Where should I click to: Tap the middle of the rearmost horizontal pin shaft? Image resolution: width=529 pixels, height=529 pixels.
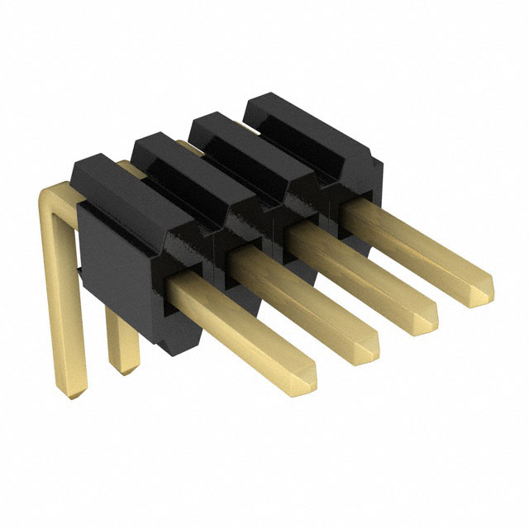tap(413, 245)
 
